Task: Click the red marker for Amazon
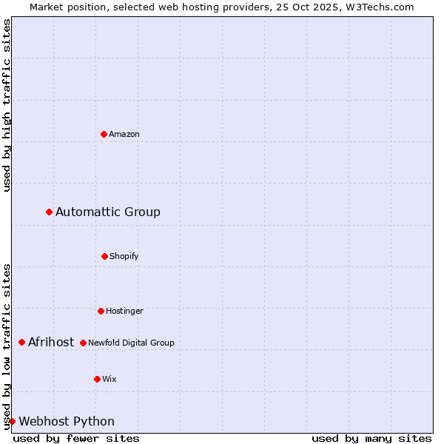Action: (x=104, y=134)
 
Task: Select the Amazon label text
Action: (x=124, y=135)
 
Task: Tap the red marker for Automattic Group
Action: (x=50, y=212)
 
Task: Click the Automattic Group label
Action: (x=108, y=212)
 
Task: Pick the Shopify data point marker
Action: (x=105, y=256)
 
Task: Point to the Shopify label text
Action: (x=124, y=257)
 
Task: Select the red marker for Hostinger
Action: (x=101, y=311)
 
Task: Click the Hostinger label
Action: (x=124, y=312)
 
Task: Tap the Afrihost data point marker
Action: (x=22, y=342)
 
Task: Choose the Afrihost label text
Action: (x=51, y=342)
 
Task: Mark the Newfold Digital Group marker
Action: (x=84, y=343)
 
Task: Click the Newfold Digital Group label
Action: (x=131, y=343)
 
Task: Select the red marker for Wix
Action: (x=97, y=379)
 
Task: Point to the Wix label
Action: (x=110, y=380)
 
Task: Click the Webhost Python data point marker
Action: (x=13, y=421)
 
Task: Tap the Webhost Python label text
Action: (x=67, y=422)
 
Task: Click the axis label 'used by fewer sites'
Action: (x=76, y=438)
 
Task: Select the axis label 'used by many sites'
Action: (x=371, y=438)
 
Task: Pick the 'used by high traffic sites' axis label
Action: (x=7, y=106)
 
